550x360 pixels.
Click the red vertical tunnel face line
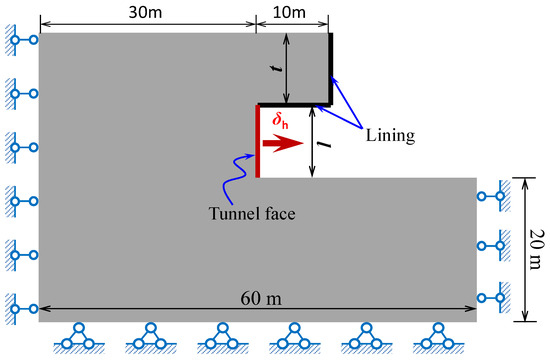(258, 141)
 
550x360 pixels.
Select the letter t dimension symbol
(277, 69)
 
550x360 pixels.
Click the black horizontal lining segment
(295, 103)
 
